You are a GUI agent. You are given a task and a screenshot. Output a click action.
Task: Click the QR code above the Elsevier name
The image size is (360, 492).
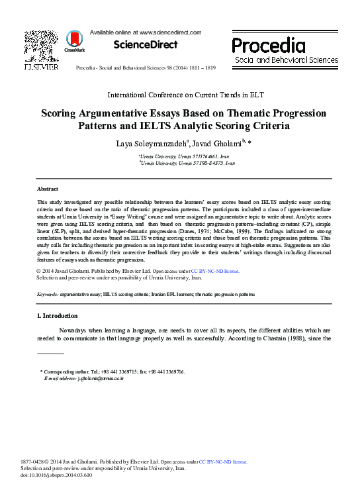40,44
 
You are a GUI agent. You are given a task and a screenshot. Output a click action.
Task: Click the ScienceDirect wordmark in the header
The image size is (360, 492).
146,44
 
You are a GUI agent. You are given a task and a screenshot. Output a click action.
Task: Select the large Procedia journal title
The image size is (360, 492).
268,45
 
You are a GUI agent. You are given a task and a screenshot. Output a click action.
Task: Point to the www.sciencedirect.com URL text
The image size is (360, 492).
168,32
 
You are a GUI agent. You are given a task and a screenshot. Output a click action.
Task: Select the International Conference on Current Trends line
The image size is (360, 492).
180,95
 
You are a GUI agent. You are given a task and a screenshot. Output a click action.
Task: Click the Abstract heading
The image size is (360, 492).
47,189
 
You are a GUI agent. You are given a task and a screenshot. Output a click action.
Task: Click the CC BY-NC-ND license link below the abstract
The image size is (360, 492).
215,271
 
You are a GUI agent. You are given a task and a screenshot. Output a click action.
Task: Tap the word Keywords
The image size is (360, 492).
49,293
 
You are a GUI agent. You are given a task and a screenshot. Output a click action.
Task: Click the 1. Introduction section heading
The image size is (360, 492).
57,316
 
